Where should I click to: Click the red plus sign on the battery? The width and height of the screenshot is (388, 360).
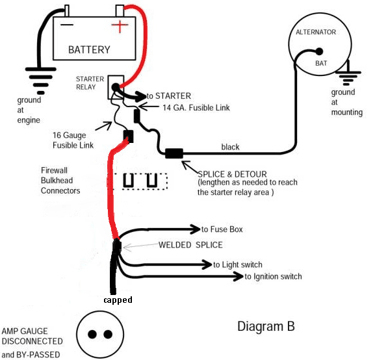click(x=120, y=25)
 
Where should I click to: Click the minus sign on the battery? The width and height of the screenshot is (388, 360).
click(x=67, y=25)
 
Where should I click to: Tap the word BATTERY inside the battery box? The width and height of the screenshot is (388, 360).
click(x=89, y=50)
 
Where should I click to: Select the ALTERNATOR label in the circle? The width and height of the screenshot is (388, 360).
click(x=316, y=32)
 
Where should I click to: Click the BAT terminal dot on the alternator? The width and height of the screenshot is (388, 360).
click(x=319, y=51)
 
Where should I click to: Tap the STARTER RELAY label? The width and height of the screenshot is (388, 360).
click(x=90, y=83)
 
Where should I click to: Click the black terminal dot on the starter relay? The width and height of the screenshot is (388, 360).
click(x=116, y=87)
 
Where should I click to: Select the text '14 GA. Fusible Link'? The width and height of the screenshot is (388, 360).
click(x=196, y=108)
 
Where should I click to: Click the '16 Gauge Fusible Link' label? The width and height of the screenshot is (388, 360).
click(x=73, y=140)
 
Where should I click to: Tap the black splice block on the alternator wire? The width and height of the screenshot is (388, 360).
click(x=174, y=153)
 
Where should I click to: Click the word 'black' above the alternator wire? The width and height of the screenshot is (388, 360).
click(x=230, y=147)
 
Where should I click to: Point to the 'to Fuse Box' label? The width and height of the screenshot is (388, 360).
click(x=222, y=229)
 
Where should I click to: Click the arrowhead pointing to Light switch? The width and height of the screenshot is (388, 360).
click(x=207, y=264)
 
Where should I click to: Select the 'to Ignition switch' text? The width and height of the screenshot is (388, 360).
click(x=273, y=276)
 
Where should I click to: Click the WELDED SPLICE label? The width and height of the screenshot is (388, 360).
click(x=190, y=245)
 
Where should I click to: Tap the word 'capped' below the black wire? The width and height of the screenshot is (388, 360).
click(x=118, y=300)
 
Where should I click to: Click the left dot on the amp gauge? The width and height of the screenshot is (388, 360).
click(x=92, y=334)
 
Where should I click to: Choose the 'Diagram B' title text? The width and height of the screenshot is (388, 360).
click(x=266, y=326)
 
